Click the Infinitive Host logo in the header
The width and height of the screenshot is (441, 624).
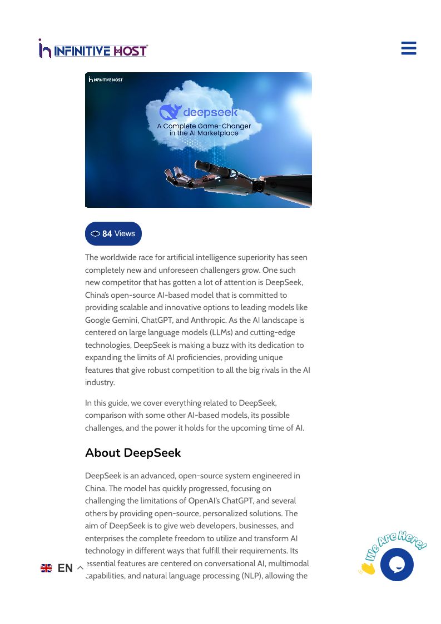coord(93,50)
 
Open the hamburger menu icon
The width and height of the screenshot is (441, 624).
coord(409,48)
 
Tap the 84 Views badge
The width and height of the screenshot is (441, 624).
coord(113,233)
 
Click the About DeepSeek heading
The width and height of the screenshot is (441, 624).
coord(133,453)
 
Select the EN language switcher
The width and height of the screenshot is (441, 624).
coord(65,568)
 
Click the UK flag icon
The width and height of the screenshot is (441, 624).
coord(46,568)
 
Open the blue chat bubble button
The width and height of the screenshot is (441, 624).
coord(397,565)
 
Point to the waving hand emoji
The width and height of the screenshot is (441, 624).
coord(367,568)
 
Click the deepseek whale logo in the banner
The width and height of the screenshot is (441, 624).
coord(170,112)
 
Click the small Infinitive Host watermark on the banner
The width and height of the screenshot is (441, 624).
coord(106,79)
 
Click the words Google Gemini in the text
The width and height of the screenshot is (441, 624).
coord(111,320)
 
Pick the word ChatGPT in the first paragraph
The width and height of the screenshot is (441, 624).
coord(156,320)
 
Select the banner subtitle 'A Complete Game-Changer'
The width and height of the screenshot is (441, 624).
coord(204,126)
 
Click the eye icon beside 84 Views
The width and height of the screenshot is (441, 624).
coord(95,234)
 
